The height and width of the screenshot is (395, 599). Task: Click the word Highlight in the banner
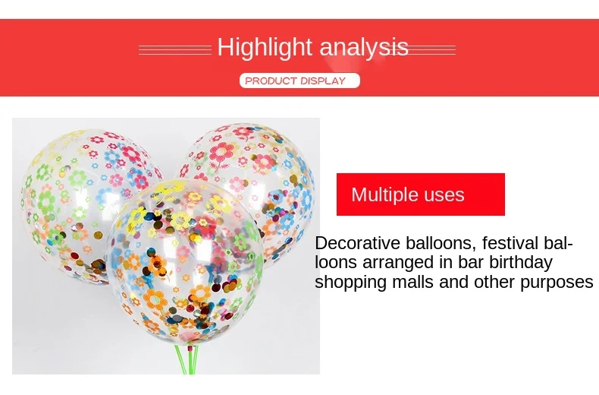pos(265,48)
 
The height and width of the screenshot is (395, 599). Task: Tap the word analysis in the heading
pos(364,48)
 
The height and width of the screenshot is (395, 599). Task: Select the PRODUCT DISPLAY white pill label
pos(300,81)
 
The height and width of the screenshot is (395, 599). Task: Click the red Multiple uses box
pos(421,194)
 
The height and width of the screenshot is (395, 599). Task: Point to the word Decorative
pos(358,243)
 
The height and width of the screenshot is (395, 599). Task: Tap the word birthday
pos(521,264)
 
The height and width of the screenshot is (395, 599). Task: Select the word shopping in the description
pos(351,283)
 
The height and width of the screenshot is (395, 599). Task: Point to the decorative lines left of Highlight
pos(175,50)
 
